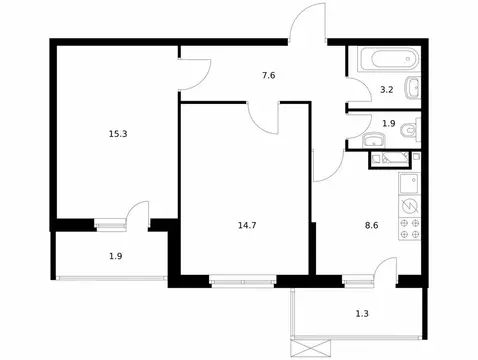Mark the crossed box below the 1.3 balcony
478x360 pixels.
pyautogui.click(x=307, y=346)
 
